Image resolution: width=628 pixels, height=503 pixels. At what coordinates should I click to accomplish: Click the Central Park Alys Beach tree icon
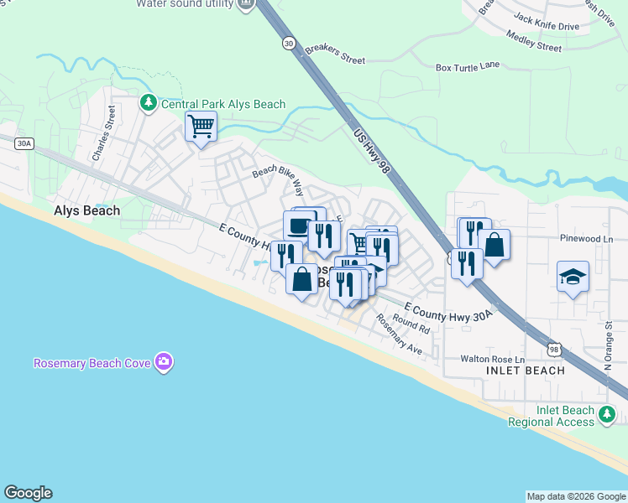tap(149, 103)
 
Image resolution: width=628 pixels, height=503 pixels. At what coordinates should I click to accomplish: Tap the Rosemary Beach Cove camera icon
tap(164, 363)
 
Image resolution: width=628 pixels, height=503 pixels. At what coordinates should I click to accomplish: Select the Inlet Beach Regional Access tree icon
tap(606, 413)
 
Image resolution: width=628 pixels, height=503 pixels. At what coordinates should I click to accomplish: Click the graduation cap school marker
tap(573, 277)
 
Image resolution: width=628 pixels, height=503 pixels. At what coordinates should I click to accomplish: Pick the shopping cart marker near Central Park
tap(201, 127)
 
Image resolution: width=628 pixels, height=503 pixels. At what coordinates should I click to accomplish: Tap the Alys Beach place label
tap(86, 211)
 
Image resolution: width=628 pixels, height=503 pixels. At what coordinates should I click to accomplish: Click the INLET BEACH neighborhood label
tap(525, 371)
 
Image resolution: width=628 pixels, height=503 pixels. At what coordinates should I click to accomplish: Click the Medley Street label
tap(534, 42)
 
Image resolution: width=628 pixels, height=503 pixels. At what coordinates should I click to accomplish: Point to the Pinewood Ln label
tap(587, 239)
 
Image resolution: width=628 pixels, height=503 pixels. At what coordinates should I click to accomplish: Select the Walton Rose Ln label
tap(492, 359)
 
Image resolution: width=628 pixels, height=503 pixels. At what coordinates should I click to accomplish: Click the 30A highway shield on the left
tap(24, 143)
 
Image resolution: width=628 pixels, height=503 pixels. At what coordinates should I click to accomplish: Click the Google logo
tap(28, 493)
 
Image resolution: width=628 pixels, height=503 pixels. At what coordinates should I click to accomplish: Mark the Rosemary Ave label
tap(398, 334)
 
